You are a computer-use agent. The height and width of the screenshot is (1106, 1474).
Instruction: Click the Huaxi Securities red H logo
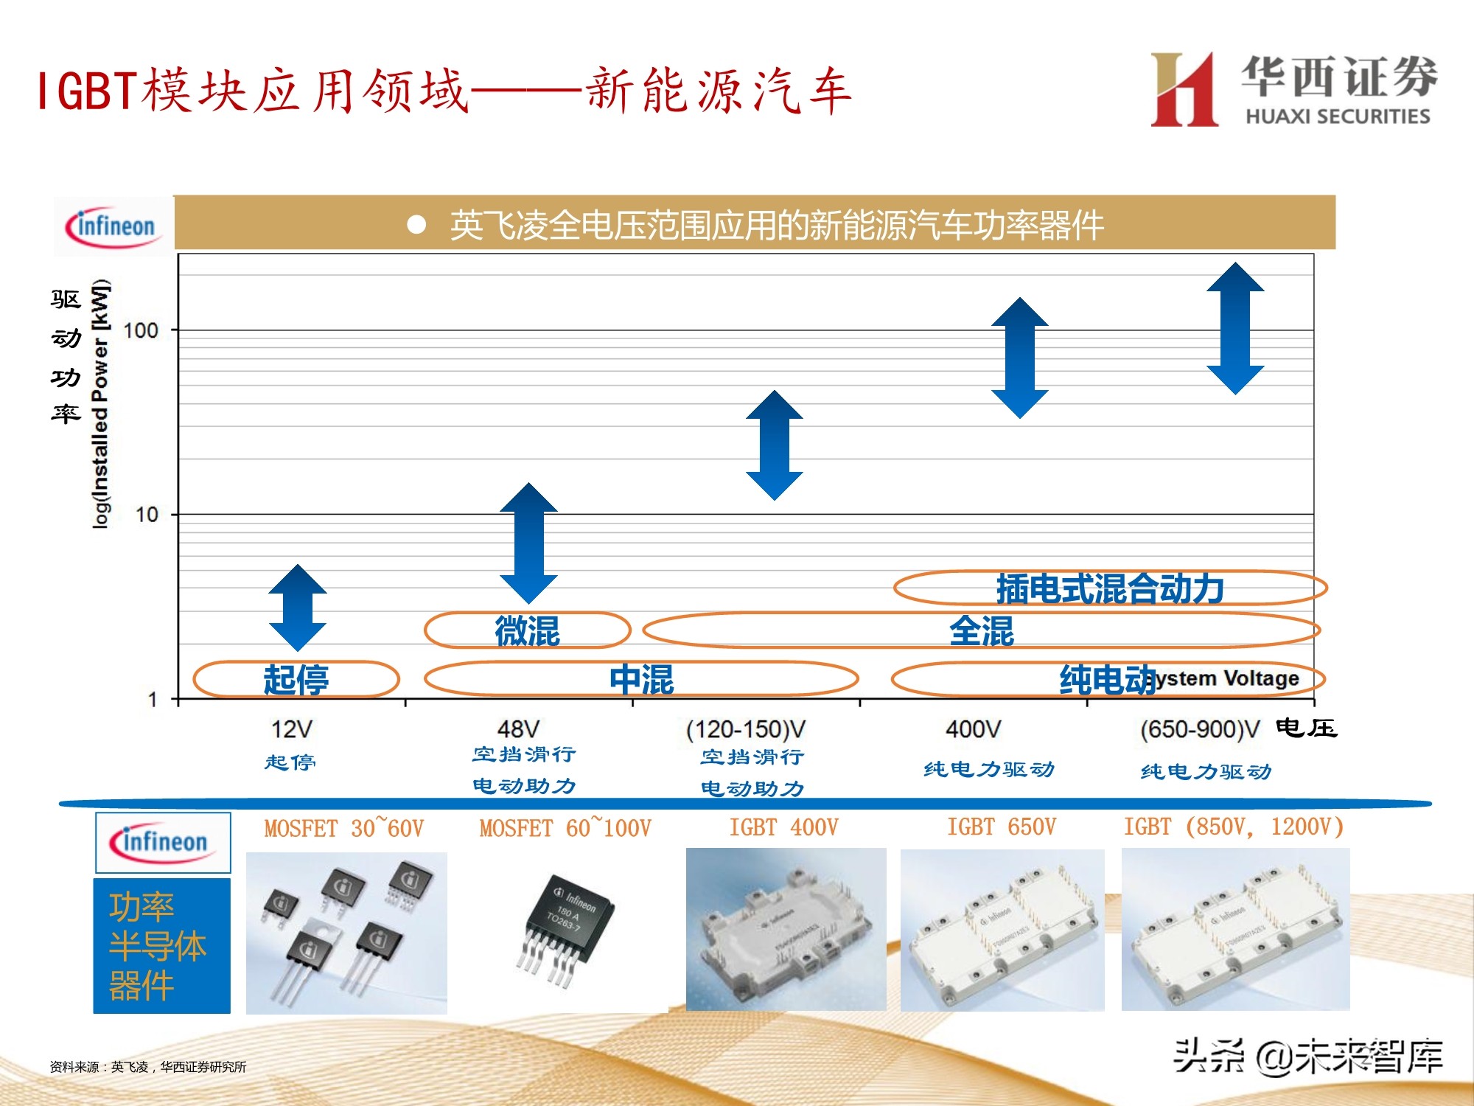pyautogui.click(x=1184, y=90)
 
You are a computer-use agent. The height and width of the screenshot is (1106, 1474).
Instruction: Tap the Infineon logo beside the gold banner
pyautogui.click(x=112, y=226)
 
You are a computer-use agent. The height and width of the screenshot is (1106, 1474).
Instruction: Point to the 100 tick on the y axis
pyautogui.click(x=141, y=330)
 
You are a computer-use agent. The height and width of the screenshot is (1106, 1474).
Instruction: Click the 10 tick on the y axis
pyautogui.click(x=147, y=515)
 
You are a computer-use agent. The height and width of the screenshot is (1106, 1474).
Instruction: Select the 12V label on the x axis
pyautogui.click(x=291, y=729)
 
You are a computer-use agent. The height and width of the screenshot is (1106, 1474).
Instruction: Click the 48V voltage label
pyautogui.click(x=518, y=729)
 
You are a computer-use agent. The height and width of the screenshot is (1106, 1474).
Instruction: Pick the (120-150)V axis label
pyautogui.click(x=746, y=729)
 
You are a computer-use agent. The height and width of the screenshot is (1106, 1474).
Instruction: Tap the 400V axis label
pyautogui.click(x=973, y=729)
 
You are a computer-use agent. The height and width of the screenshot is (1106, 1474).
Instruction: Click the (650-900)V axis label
pyautogui.click(x=1200, y=729)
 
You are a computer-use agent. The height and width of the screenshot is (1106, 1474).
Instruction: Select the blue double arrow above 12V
pyautogui.click(x=297, y=608)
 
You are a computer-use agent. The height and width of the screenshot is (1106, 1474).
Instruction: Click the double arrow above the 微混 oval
pyautogui.click(x=528, y=543)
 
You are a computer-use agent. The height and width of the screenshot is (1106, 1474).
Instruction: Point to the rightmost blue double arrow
pyautogui.click(x=1235, y=328)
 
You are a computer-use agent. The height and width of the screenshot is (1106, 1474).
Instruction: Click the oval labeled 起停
pyautogui.click(x=296, y=679)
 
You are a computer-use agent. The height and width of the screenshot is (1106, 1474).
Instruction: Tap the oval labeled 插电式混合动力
pyautogui.click(x=1110, y=588)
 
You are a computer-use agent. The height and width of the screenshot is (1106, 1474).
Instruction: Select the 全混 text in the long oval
pyautogui.click(x=981, y=631)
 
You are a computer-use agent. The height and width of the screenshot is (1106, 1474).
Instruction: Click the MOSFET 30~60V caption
pyautogui.click(x=344, y=828)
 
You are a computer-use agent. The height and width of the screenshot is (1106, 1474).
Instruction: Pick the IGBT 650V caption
pyautogui.click(x=1002, y=827)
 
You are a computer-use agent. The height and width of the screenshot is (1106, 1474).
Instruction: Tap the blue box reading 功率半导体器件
pyautogui.click(x=161, y=945)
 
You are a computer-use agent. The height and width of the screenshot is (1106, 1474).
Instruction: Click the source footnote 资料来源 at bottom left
pyautogui.click(x=147, y=1066)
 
